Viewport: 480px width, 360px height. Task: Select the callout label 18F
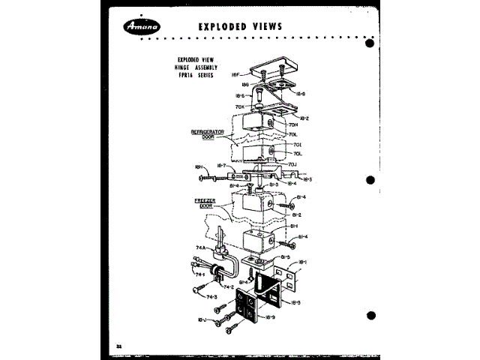[234, 76]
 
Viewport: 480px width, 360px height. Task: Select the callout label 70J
[294, 163]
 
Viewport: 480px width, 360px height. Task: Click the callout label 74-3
[212, 297]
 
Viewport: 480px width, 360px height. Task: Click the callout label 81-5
[285, 256]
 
